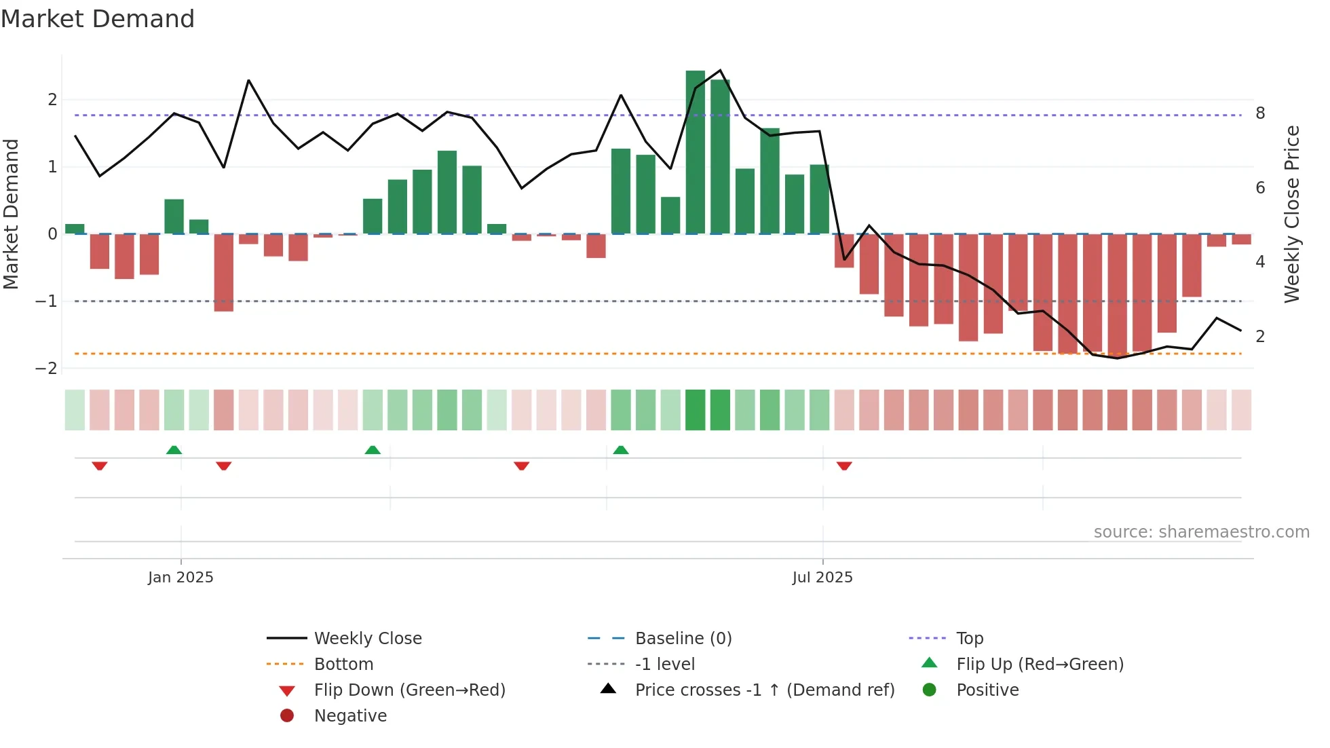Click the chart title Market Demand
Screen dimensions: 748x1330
98,19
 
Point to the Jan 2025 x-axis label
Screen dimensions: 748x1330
180,578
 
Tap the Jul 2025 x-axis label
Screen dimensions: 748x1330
822,578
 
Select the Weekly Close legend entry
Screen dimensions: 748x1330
367,639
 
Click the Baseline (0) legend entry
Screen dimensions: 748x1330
683,639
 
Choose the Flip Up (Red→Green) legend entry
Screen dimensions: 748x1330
1040,665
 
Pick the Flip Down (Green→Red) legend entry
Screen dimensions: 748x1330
409,690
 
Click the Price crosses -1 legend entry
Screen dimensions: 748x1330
764,690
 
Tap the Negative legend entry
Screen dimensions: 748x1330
350,716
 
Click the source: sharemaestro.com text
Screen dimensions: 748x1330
1201,532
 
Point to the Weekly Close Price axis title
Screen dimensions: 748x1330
1292,214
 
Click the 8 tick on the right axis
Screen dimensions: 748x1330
1260,113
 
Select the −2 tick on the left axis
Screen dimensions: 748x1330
47,369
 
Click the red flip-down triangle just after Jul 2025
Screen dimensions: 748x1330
844,466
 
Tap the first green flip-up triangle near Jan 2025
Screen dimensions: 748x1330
174,450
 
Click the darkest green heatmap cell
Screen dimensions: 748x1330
696,410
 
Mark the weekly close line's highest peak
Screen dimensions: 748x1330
720,71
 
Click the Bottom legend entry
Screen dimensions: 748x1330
343,665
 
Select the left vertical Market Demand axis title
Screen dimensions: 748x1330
11,214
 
